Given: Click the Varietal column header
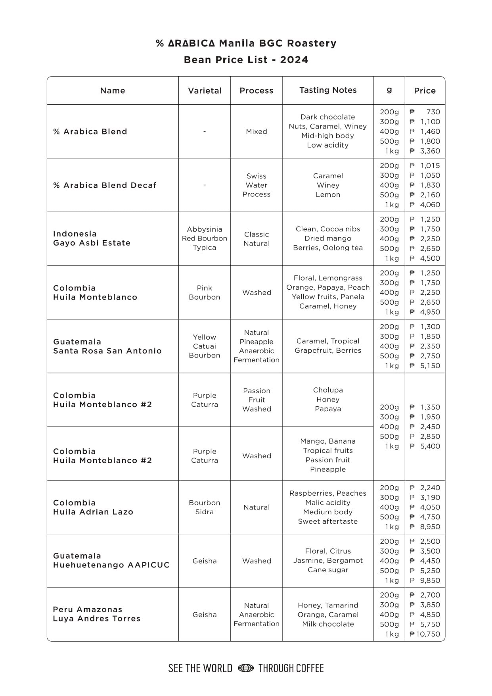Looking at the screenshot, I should (205, 90).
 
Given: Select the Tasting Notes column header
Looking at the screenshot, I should (328, 90).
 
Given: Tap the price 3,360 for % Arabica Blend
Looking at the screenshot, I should (430, 151).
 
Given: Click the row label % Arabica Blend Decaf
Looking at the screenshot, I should (105, 185).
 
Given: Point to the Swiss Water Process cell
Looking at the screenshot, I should (257, 185).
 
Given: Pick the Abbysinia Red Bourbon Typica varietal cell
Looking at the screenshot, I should (205, 238).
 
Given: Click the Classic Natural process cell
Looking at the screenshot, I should (257, 239).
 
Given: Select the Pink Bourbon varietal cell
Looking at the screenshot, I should (205, 292).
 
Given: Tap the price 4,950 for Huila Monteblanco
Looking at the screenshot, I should (430, 312).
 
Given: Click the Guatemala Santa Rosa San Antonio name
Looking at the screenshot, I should (107, 346).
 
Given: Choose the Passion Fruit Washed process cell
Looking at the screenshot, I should (257, 400).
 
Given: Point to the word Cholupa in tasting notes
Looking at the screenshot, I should (328, 390).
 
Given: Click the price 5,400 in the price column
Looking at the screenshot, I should (430, 446).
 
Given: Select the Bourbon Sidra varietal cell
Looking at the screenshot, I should (205, 507).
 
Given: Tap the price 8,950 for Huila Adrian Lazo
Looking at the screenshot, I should (430, 527).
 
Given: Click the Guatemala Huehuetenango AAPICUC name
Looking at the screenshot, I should (111, 560).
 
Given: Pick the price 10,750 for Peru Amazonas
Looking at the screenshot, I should (427, 634).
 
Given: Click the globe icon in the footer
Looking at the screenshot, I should (245, 668).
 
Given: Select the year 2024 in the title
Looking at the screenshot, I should (294, 60).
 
